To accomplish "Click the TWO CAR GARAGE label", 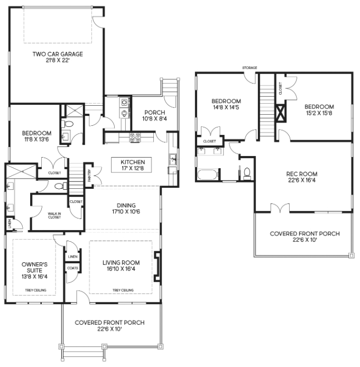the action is [58, 54].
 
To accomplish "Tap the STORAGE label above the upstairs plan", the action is [250, 68].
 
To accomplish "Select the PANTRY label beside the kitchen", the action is [89, 176].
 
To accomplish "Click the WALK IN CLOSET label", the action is [54, 215].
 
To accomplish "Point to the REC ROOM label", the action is [302, 174].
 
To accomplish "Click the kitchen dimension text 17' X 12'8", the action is [133, 168].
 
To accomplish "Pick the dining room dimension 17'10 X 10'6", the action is [126, 212].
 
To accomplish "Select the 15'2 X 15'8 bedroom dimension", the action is [319, 113].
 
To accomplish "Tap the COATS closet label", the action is [72, 268].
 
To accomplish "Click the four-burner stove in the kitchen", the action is [135, 137].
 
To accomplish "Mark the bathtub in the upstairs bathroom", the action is [208, 175].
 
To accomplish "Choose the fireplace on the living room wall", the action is [157, 265].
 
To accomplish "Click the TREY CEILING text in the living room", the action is [123, 290].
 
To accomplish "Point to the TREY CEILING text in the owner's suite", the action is [35, 290].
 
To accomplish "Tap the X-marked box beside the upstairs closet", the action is [281, 113].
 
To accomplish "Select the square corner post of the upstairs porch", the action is [351, 255].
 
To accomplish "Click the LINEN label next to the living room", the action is [72, 256].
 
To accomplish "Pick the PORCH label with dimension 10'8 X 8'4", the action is [154, 112].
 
